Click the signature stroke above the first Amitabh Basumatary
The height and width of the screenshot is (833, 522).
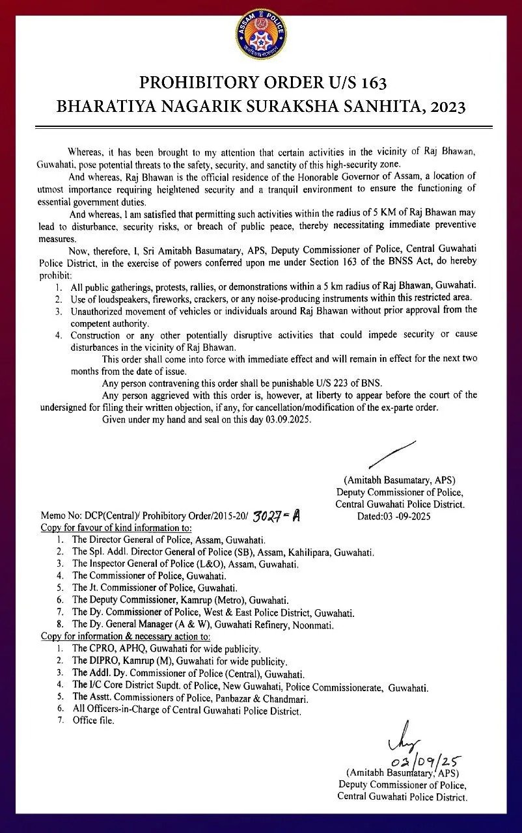(392, 453)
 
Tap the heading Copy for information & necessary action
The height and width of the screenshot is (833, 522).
(126, 636)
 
